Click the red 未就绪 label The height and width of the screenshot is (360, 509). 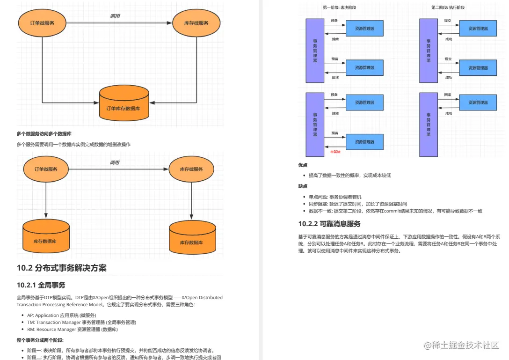coord(335,152)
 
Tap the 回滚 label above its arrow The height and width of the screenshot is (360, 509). coord(448,95)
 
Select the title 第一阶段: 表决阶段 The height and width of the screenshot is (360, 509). coord(342,7)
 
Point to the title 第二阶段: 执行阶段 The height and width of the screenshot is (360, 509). coord(448,7)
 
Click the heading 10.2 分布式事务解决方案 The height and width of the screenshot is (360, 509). coord(62,268)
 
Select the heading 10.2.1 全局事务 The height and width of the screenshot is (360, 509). coord(41,285)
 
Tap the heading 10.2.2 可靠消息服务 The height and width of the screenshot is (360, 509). coord(329,223)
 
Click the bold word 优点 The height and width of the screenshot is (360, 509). coord(303,165)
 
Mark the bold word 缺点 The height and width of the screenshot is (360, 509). coord(303,186)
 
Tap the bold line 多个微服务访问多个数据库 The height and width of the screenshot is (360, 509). coord(44,134)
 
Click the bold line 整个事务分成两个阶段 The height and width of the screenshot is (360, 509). coord(40,340)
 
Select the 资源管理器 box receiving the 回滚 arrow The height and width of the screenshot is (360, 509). coord(478,103)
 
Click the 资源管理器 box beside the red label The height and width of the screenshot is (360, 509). coord(364,141)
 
